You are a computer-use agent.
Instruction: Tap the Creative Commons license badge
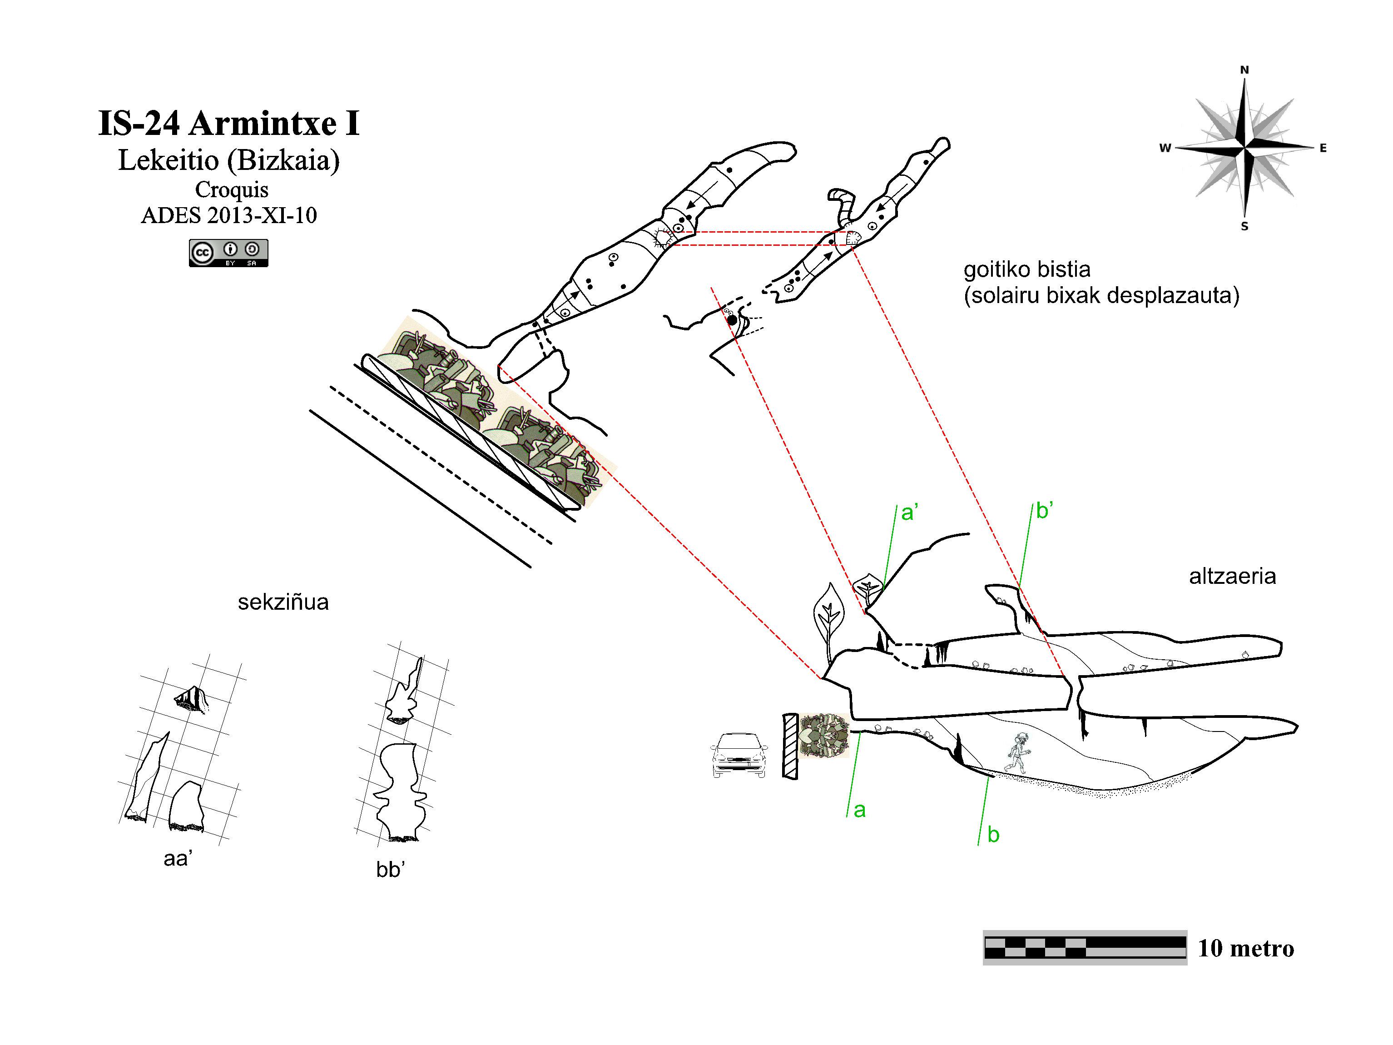pyautogui.click(x=228, y=253)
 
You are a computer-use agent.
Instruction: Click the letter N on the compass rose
pyautogui.click(x=1244, y=70)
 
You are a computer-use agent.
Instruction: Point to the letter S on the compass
pyautogui.click(x=1244, y=227)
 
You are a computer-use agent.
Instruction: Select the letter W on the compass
pyautogui.click(x=1165, y=148)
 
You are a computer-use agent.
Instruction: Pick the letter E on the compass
pyautogui.click(x=1323, y=148)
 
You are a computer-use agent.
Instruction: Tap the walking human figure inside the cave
pyautogui.click(x=1017, y=754)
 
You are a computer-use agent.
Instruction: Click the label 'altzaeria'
pyautogui.click(x=1232, y=576)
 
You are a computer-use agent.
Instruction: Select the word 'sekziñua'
pyautogui.click(x=283, y=602)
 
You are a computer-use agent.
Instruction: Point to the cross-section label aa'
pyautogui.click(x=178, y=858)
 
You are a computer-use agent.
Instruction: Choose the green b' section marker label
pyautogui.click(x=1045, y=510)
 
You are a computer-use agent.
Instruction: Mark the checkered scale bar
pyautogui.click(x=1085, y=947)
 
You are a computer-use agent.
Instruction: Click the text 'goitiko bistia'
pyautogui.click(x=1027, y=269)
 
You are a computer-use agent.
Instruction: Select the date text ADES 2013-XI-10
pyautogui.click(x=228, y=215)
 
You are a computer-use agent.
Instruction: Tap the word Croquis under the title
pyautogui.click(x=232, y=189)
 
